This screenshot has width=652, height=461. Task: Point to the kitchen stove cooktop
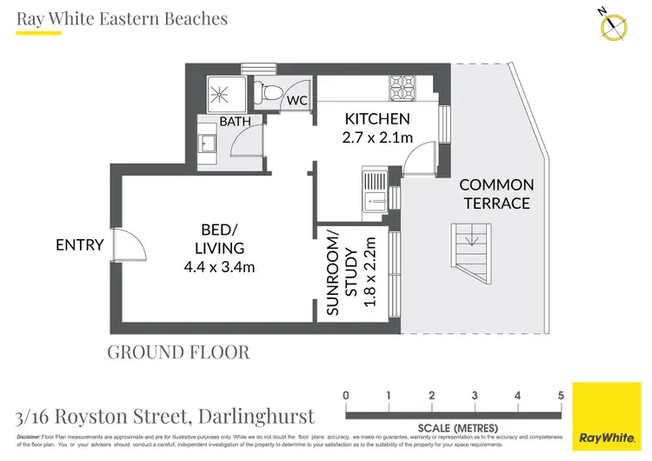point(402,88)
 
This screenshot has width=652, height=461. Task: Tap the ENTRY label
point(80,245)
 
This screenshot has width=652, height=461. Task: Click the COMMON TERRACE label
point(496,194)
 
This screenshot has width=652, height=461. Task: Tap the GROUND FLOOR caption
point(178,352)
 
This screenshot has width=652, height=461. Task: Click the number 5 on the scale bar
point(561,396)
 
